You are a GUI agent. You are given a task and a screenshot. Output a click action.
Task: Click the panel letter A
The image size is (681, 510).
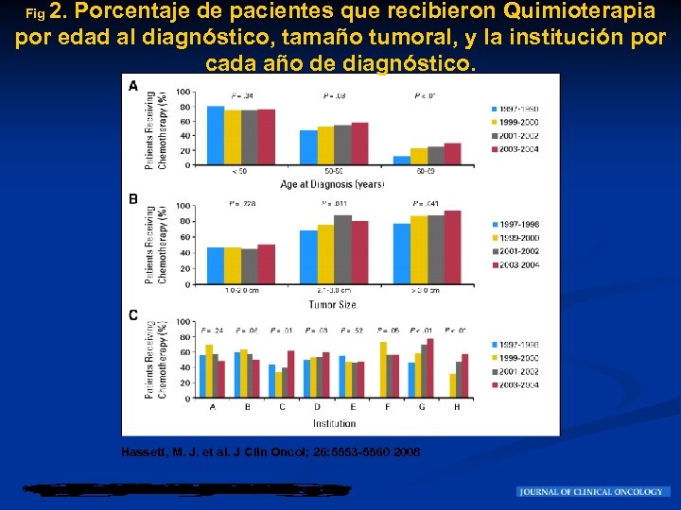(133, 86)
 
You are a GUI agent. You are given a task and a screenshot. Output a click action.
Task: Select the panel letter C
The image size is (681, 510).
(133, 314)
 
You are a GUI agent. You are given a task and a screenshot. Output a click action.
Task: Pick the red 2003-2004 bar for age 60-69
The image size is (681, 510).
(453, 154)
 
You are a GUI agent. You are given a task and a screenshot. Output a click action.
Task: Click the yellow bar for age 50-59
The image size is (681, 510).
(325, 145)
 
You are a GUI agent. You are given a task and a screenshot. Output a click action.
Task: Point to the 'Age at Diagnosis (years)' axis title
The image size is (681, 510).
(332, 183)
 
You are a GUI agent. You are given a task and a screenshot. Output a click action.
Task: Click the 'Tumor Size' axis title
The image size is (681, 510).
(332, 304)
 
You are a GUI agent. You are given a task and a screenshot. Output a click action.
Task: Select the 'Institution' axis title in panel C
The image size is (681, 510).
(334, 423)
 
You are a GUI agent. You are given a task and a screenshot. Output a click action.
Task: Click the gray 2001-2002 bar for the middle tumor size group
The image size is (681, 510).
(342, 249)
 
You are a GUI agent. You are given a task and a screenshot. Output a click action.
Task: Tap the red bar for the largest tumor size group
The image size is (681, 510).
(453, 246)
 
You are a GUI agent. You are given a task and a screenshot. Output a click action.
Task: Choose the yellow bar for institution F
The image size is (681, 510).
(383, 369)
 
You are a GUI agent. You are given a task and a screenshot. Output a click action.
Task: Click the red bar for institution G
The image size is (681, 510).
(430, 367)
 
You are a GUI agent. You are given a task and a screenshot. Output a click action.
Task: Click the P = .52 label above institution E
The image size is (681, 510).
(352, 331)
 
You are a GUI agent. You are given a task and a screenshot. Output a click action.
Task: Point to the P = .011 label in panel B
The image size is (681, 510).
(334, 204)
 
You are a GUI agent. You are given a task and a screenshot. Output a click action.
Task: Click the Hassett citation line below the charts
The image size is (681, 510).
(271, 451)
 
